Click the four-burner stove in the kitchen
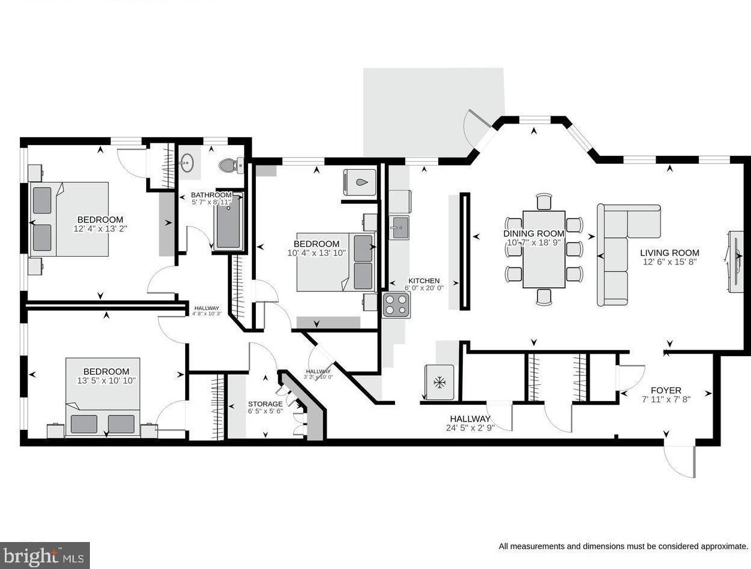tap(396, 305)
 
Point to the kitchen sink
tap(400, 227)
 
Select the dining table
tap(544, 249)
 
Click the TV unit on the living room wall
tap(735, 261)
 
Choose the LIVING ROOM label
tap(669, 253)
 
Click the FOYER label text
tap(666, 390)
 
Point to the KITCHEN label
tap(424, 281)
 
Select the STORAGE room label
tap(265, 404)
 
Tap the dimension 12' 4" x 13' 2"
tap(100, 228)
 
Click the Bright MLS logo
tap(45, 555)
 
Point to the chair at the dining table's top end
tap(544, 201)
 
